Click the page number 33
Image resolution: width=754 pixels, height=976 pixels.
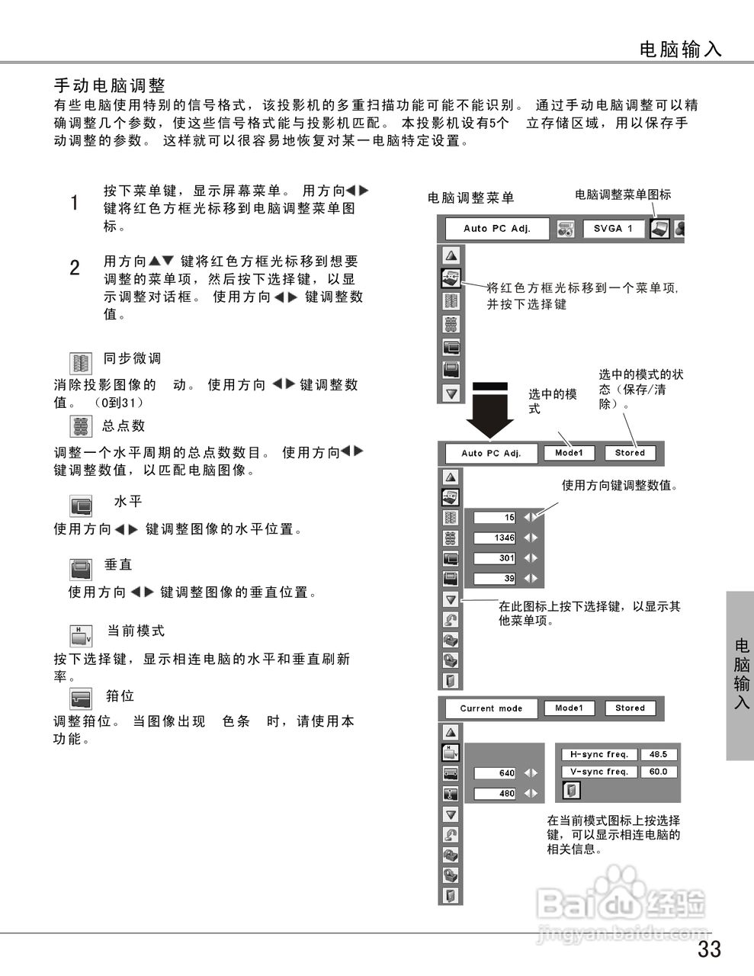[x=708, y=949]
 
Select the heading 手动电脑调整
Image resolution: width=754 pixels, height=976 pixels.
[x=110, y=85]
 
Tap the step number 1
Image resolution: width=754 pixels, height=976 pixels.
[x=75, y=203]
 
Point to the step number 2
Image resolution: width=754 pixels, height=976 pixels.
[x=75, y=268]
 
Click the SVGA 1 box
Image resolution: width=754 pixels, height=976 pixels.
[x=613, y=228]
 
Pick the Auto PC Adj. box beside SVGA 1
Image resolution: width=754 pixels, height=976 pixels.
[x=496, y=228]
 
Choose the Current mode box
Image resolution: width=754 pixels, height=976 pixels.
[x=491, y=708]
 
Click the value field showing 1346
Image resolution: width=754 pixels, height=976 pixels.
[x=496, y=538]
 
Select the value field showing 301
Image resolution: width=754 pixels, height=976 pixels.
[x=496, y=559]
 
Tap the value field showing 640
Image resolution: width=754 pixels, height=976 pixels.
[x=496, y=773]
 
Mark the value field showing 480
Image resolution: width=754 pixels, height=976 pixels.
[x=496, y=794]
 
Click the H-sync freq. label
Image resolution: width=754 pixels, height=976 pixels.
[x=599, y=754]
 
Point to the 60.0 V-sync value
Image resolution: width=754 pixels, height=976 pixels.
[x=658, y=772]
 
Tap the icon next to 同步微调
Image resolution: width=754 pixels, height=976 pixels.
[x=80, y=363]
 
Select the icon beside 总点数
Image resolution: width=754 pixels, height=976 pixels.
[x=80, y=426]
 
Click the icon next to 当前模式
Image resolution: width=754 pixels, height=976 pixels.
[x=81, y=634]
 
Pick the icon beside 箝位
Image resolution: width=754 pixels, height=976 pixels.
[x=81, y=698]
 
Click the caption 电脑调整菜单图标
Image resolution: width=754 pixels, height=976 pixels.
[x=623, y=194]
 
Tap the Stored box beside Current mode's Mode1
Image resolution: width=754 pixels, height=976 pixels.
[x=630, y=708]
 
